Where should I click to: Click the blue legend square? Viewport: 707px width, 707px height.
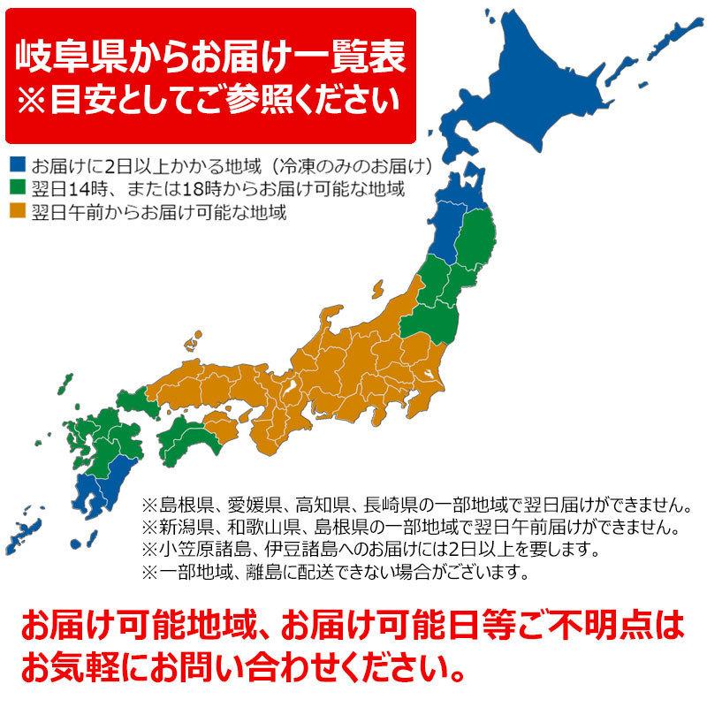click(x=18, y=164)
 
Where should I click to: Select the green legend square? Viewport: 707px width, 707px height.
click(x=18, y=188)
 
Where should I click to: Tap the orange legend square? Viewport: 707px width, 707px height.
click(x=18, y=212)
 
